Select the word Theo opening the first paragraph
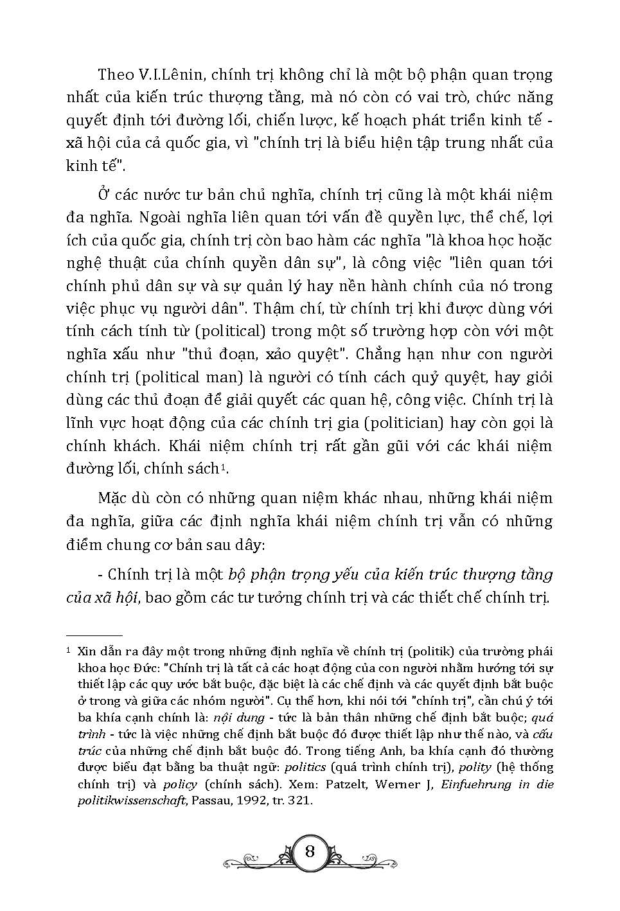point(114,75)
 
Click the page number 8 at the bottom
point(310,852)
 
